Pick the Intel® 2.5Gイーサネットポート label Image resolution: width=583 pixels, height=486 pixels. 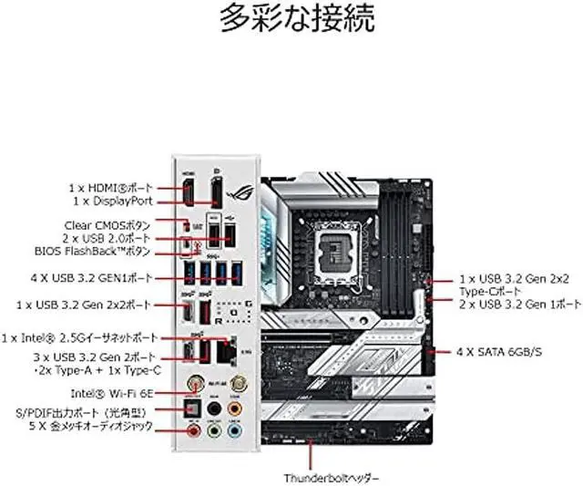tap(86, 336)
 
